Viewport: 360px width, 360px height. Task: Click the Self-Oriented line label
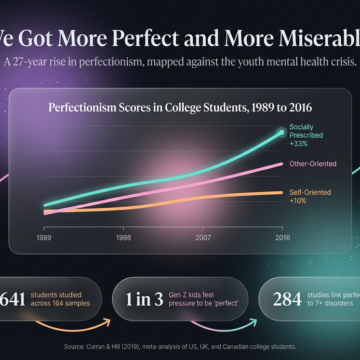click(311, 190)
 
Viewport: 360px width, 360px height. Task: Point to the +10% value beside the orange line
click(300, 200)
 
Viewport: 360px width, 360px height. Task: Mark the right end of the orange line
click(282, 192)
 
